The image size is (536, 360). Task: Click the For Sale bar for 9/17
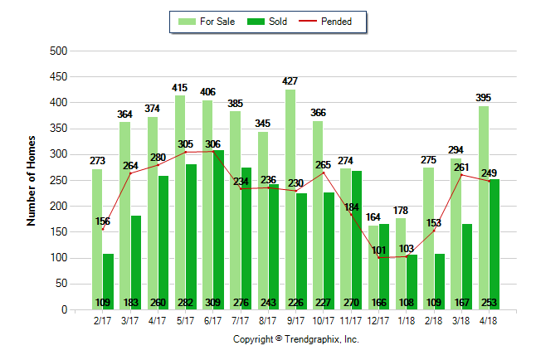290,199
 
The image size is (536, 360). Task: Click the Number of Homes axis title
32,180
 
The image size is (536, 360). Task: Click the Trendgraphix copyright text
295,339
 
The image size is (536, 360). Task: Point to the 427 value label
290,80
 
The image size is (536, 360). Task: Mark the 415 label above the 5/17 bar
180,87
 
